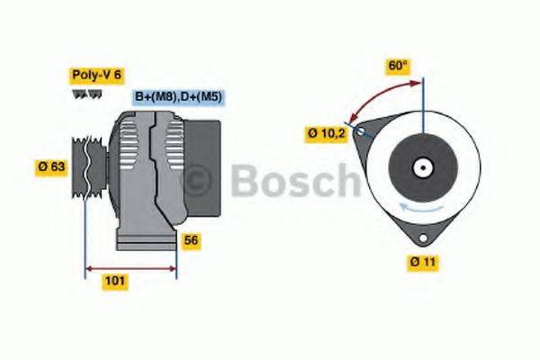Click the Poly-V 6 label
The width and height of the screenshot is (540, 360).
(95, 76)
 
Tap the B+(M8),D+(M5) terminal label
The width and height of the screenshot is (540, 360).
(179, 96)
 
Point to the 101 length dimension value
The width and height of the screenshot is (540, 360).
(115, 281)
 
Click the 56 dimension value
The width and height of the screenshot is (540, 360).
(191, 240)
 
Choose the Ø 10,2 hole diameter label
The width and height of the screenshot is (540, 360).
(325, 134)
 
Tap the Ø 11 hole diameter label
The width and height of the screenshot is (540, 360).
(421, 262)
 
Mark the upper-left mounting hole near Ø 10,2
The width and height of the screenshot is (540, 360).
(361, 132)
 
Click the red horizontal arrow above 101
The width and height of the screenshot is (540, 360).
(130, 267)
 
